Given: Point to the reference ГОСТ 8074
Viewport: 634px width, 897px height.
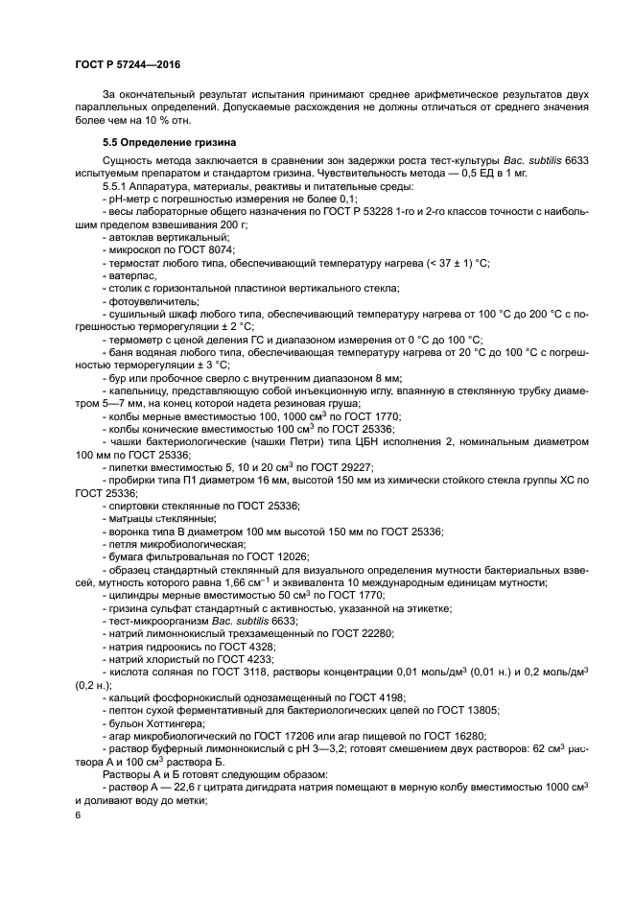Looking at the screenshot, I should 192,248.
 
